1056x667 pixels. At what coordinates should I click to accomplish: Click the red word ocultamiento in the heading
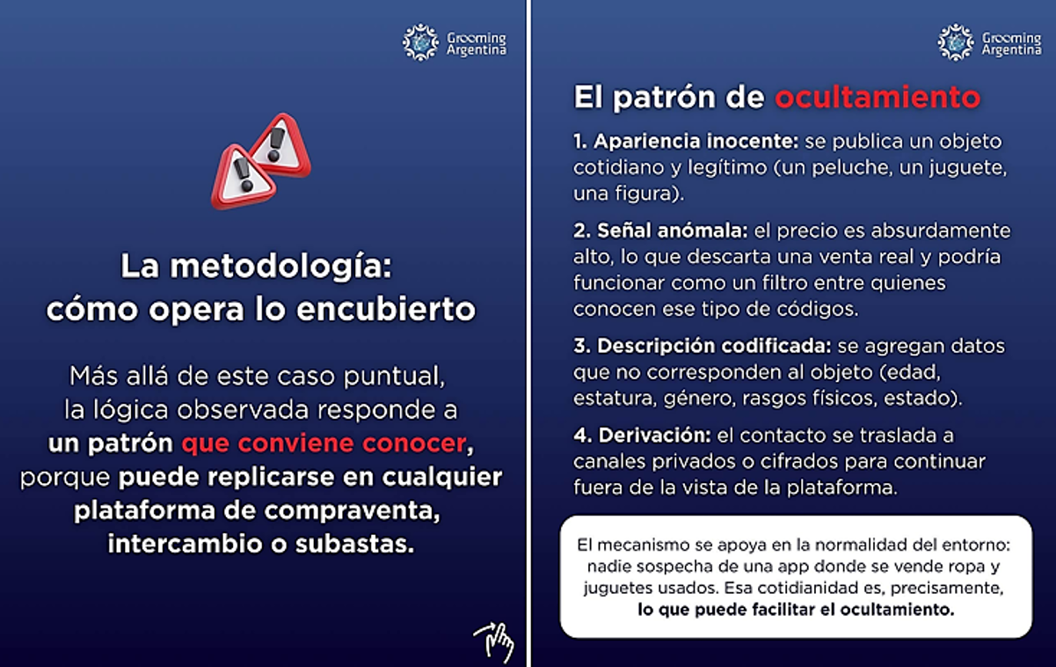(878, 98)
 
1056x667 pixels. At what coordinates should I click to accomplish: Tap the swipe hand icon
(495, 642)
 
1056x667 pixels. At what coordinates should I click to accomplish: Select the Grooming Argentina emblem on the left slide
(420, 42)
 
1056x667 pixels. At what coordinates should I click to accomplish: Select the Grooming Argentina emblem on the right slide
(956, 42)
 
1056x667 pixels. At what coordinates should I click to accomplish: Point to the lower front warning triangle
(243, 177)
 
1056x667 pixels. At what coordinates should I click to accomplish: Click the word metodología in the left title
(280, 268)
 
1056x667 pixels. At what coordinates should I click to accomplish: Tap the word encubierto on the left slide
(386, 310)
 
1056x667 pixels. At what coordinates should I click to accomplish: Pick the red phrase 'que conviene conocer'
(324, 443)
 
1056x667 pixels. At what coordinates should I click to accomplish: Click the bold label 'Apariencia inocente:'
(686, 141)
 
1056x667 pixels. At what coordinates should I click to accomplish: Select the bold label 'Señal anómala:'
(660, 231)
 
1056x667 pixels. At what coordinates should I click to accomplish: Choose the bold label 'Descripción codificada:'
(703, 346)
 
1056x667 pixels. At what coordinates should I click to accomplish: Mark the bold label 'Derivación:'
(642, 435)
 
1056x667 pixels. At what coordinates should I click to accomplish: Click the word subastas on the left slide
(354, 544)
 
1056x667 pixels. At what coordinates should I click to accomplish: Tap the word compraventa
(352, 511)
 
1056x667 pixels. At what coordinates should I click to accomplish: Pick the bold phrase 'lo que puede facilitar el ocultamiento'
(796, 610)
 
